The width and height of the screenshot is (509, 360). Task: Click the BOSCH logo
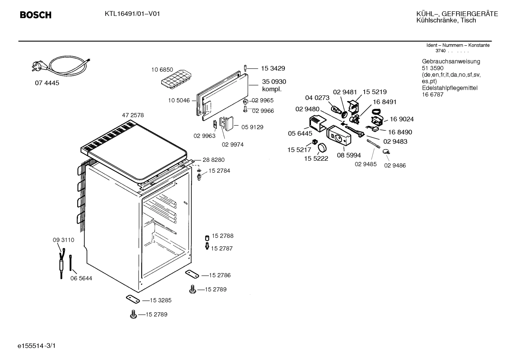[36, 15]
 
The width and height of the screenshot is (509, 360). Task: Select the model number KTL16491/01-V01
[132, 14]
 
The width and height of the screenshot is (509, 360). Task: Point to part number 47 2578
[133, 115]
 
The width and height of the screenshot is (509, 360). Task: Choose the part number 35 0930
[274, 82]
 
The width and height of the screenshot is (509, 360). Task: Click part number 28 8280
[214, 160]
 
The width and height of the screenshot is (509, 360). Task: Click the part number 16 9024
[402, 119]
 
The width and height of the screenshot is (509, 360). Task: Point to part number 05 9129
[252, 127]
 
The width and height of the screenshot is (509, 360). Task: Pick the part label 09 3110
[64, 240]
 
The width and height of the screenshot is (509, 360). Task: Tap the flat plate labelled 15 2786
[192, 274]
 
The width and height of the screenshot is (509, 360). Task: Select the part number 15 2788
[222, 236]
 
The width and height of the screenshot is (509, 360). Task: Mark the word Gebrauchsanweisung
[451, 61]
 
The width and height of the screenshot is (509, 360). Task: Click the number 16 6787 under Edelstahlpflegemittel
[432, 95]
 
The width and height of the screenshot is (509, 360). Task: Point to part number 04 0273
[317, 98]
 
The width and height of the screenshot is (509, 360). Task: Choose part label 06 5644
[81, 278]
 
